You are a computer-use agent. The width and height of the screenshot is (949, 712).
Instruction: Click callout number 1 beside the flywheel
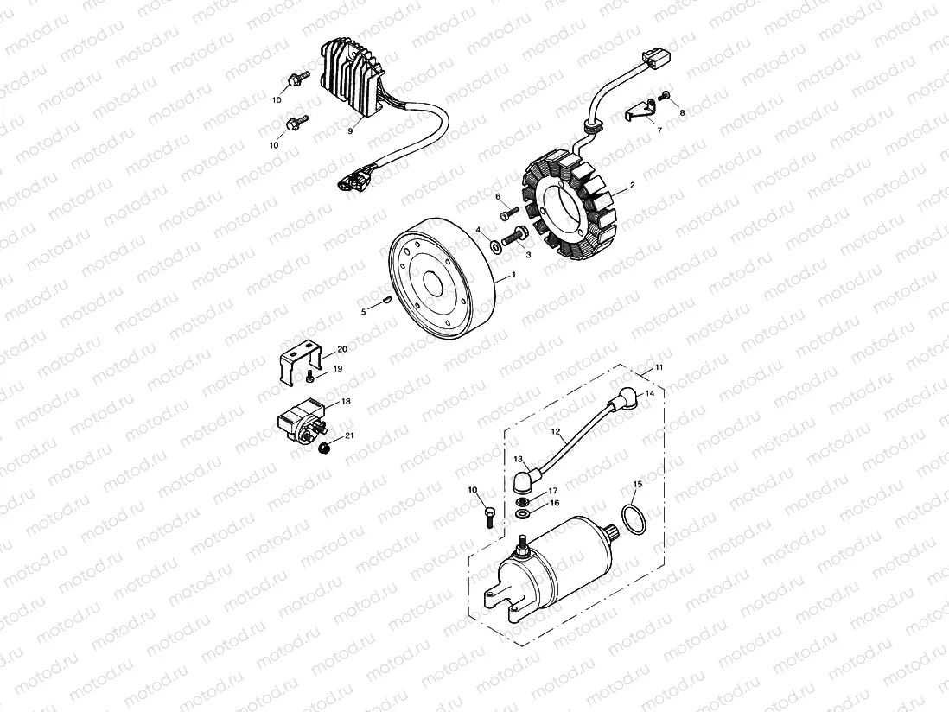[x=514, y=274]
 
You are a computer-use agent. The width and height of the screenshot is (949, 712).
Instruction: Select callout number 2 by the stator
[x=632, y=186]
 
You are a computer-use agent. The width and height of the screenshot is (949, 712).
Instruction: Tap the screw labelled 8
[x=666, y=96]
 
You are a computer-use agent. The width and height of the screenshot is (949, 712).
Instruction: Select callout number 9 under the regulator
[x=351, y=131]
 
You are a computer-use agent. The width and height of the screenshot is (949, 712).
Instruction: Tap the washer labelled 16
[x=522, y=514]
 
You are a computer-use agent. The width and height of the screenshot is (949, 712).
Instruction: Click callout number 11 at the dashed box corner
[x=659, y=368]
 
